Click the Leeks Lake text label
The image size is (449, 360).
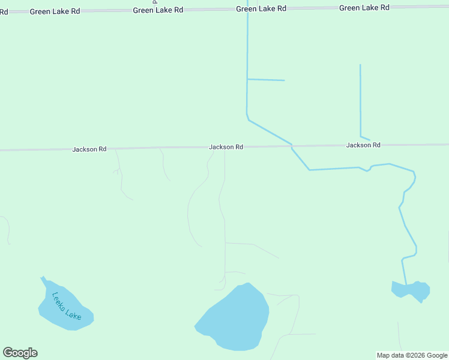point(66,306)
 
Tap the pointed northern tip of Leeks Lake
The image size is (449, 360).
point(41,278)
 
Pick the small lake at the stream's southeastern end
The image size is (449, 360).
point(411,290)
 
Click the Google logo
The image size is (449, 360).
point(20,353)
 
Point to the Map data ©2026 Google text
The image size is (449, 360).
point(412,355)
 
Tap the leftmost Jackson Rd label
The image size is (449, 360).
point(89,149)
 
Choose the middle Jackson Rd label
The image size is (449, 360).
point(226,147)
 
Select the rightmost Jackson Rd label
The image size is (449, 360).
point(363,145)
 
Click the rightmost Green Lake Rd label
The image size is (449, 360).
point(364,7)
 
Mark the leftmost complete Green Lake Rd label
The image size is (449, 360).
point(55,11)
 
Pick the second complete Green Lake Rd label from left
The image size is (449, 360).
point(158,10)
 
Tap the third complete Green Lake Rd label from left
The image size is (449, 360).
point(261,8)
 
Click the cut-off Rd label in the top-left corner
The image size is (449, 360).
point(4,12)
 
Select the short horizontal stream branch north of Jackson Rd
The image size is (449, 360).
point(266,79)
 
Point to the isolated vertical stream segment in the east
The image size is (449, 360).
point(360,99)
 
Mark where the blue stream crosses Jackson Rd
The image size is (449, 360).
point(291,145)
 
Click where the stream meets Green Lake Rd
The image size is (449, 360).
point(247,8)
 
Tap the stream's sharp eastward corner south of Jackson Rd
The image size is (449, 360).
point(310,170)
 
